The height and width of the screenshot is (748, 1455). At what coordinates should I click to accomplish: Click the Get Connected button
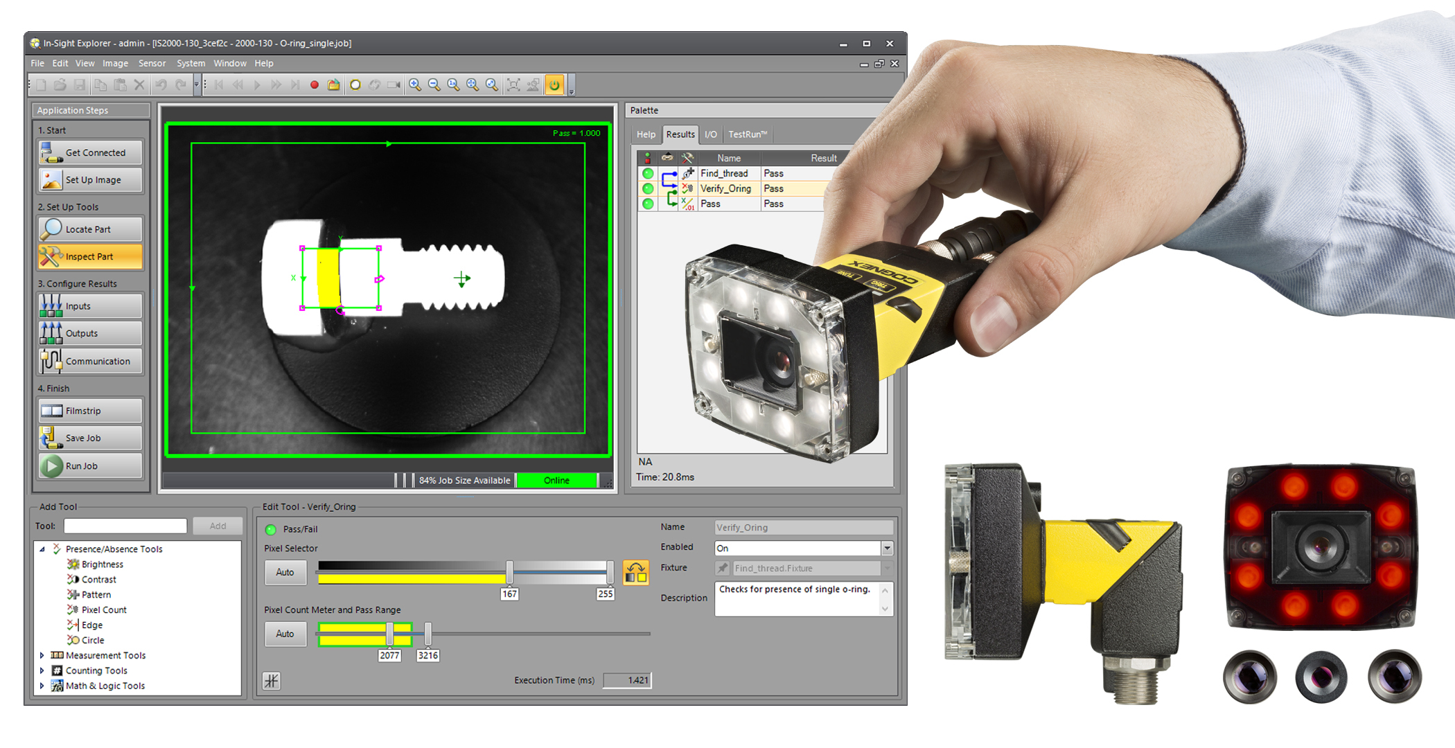point(91,152)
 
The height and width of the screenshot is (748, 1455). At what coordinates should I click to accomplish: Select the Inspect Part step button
point(91,256)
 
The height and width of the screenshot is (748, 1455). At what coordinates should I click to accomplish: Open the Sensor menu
point(152,63)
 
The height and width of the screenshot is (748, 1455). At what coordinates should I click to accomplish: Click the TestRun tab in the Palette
point(747,134)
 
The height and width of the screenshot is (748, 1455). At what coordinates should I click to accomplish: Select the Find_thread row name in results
point(723,173)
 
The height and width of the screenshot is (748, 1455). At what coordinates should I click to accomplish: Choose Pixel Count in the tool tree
point(104,609)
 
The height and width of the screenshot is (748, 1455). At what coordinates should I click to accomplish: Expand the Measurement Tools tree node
point(42,655)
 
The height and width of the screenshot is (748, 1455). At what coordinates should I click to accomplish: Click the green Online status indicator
point(556,480)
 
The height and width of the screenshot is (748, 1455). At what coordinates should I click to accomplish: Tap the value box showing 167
point(509,594)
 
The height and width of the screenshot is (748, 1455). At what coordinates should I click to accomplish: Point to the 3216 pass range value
point(427,655)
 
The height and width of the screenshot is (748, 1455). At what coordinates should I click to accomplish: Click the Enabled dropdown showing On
point(803,548)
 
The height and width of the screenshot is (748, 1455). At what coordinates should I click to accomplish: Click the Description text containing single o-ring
point(794,589)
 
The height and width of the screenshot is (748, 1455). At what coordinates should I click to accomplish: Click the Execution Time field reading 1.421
point(627,680)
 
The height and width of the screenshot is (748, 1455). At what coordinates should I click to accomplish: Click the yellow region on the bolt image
point(328,277)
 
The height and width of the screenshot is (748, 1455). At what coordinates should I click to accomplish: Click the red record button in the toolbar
point(315,84)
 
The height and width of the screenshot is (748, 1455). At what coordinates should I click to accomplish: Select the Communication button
point(91,361)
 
